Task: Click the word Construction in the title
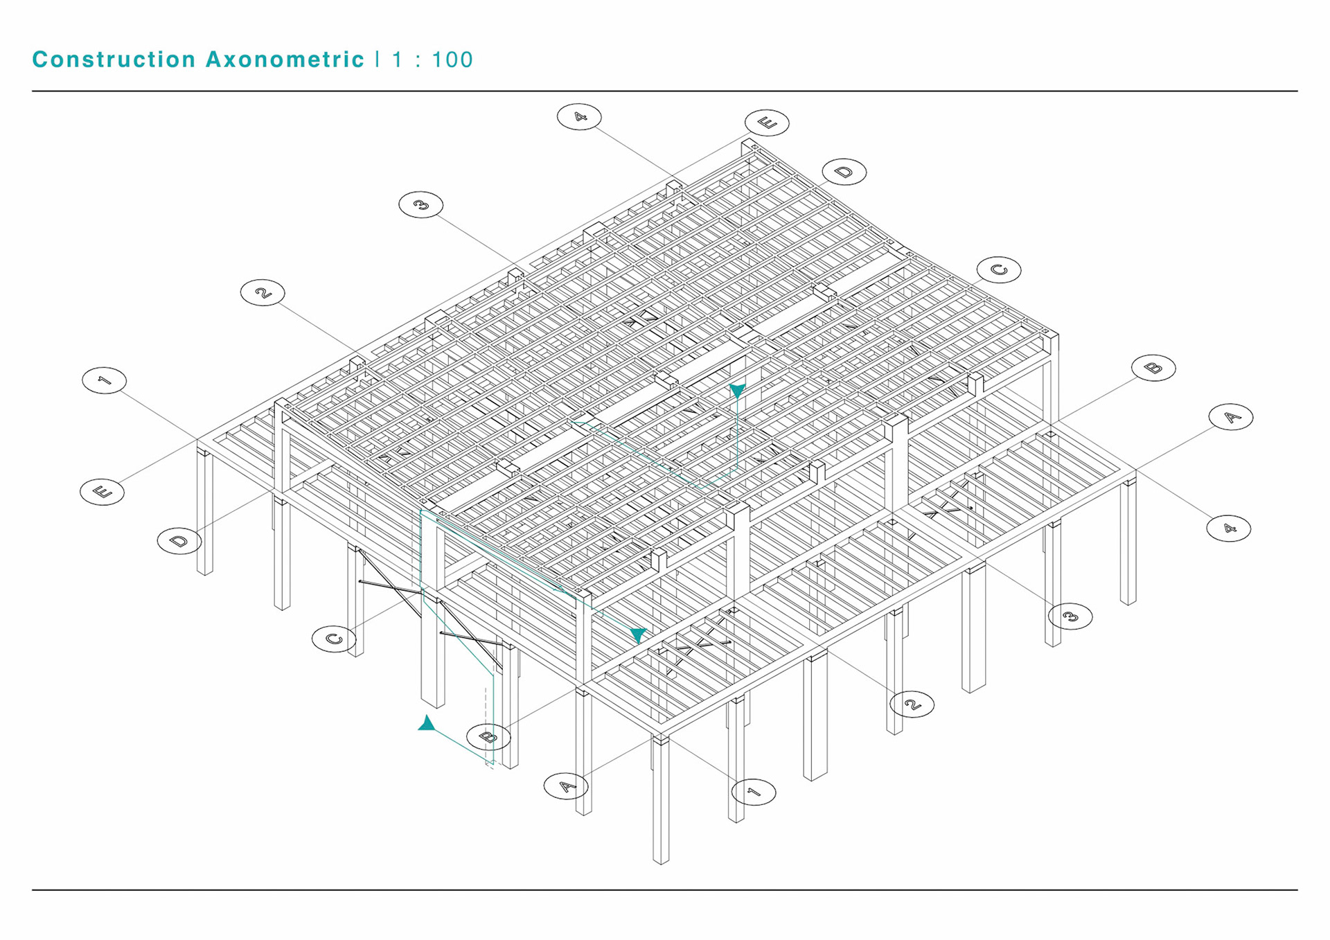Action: pos(114,60)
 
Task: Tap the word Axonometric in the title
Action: pos(285,60)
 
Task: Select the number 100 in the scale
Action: pos(452,60)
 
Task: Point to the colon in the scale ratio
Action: pos(418,60)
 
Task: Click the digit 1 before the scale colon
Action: pos(397,60)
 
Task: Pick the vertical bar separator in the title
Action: pos(378,60)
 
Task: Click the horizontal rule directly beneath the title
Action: pos(665,91)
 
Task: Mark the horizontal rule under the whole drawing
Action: pos(665,889)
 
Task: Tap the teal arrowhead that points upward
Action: pos(427,724)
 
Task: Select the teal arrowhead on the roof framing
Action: pos(738,391)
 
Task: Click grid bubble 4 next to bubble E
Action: pos(579,116)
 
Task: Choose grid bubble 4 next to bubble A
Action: pos(1228,529)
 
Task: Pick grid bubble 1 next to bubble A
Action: pos(754,792)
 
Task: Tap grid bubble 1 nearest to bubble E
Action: pos(104,380)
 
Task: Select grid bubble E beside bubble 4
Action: pos(767,123)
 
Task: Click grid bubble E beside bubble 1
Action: pos(103,492)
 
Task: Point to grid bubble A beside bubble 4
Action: pos(1231,417)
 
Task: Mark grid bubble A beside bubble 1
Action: pos(566,786)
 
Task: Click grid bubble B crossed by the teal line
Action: pos(488,736)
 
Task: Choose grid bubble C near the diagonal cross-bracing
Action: pos(334,639)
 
